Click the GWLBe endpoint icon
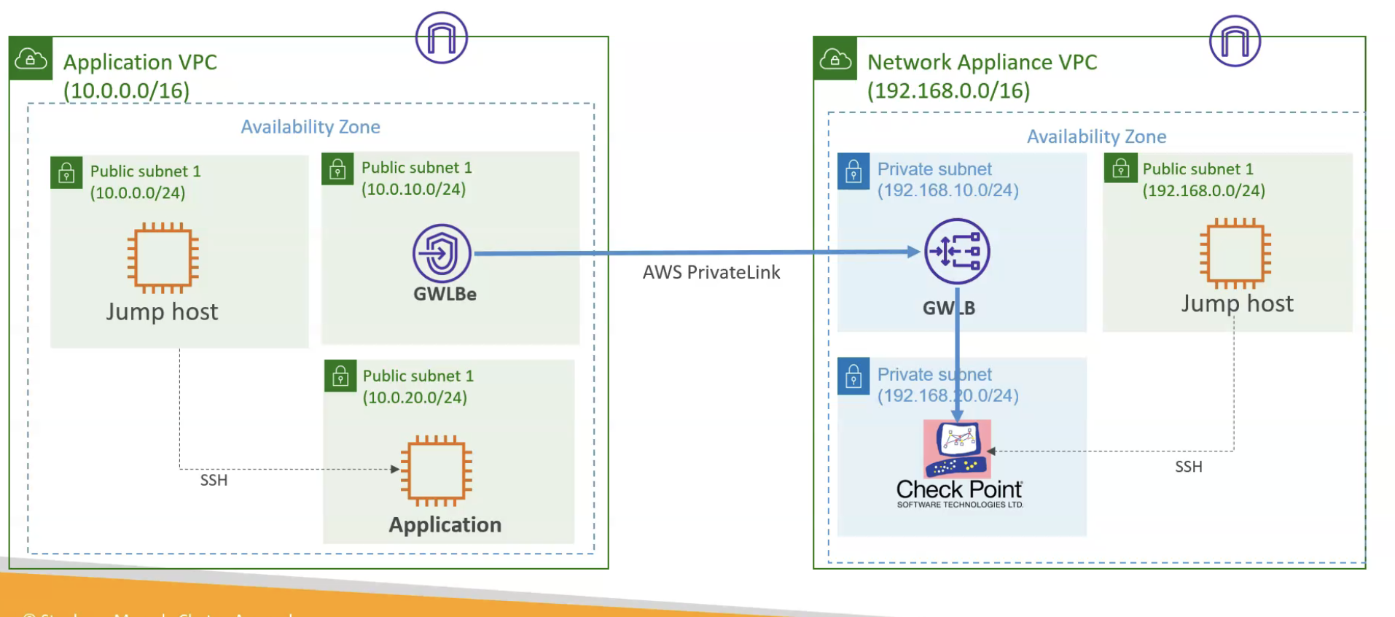pos(442,254)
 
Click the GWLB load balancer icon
pos(957,252)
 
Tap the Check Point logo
pos(958,463)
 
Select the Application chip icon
pos(437,470)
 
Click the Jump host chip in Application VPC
pos(163,257)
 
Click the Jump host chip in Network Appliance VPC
pos(1235,253)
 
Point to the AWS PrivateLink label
pos(711,273)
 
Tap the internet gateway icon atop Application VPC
pos(442,38)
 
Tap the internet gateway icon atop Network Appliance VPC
pos(1235,41)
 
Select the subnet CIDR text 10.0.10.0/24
pos(413,190)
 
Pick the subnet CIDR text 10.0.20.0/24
pos(415,398)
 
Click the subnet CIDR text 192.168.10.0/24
pos(947,190)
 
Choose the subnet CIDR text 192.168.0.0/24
pos(1203,191)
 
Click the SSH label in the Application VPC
pos(214,481)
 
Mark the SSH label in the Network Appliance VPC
pos(1188,467)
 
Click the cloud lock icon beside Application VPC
pos(31,58)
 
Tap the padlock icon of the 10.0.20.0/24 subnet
pos(340,376)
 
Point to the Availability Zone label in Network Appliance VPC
pos(1096,137)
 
